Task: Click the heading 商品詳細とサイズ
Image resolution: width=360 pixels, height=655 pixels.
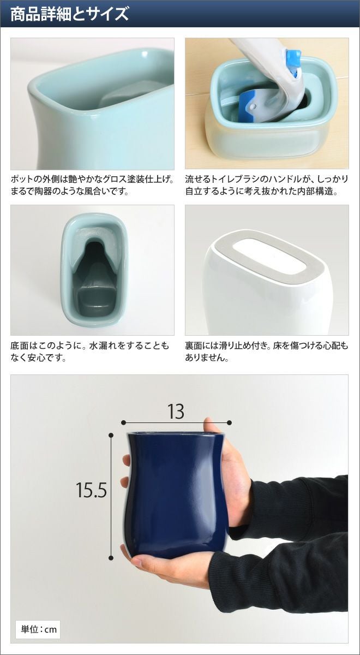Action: pyautogui.click(x=70, y=14)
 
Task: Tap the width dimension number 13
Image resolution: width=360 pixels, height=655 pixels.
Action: pyautogui.click(x=176, y=412)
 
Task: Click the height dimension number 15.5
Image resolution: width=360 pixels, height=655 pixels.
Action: pyautogui.click(x=91, y=490)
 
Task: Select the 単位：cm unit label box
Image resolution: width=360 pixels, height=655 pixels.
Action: pyautogui.click(x=38, y=627)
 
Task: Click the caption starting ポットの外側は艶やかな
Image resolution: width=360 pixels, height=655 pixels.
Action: pyautogui.click(x=92, y=185)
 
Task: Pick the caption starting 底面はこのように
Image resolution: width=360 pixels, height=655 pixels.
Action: pyautogui.click(x=89, y=351)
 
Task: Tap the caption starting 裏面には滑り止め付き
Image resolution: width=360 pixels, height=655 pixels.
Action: pyautogui.click(x=267, y=351)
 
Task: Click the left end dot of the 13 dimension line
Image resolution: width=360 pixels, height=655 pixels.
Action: pyautogui.click(x=123, y=422)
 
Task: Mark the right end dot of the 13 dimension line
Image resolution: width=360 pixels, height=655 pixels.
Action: pyautogui.click(x=230, y=422)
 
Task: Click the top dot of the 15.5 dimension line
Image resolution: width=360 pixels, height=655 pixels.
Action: pyautogui.click(x=111, y=436)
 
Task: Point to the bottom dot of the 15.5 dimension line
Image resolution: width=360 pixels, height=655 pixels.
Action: pyautogui.click(x=111, y=558)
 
